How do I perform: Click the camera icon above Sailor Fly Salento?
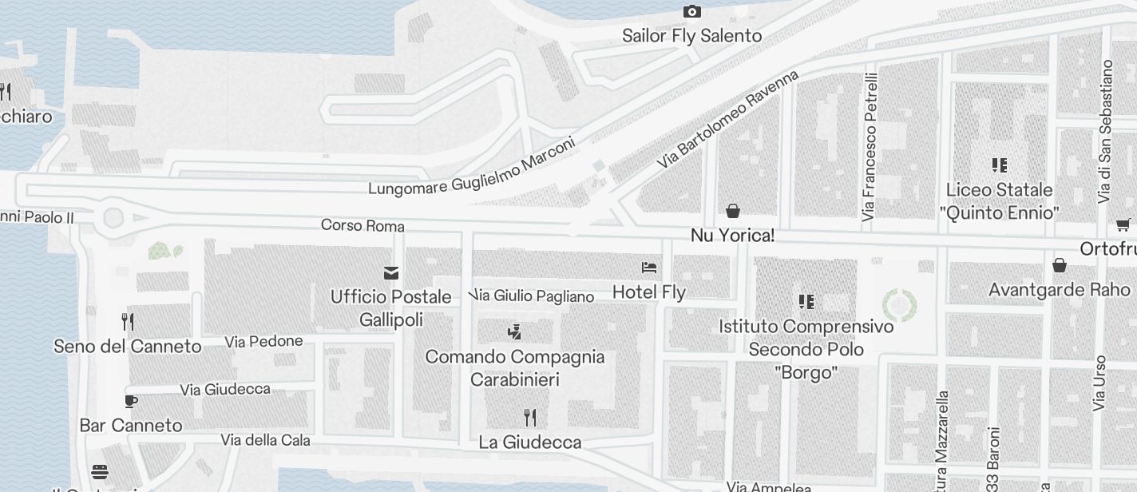[691, 11]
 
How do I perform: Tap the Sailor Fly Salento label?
[691, 36]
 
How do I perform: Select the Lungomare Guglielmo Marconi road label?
[471, 168]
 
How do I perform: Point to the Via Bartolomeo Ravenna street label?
[727, 119]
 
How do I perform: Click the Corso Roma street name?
[362, 226]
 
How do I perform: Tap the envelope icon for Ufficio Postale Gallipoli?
[391, 273]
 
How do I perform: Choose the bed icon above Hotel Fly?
[649, 268]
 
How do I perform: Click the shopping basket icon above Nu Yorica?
[732, 211]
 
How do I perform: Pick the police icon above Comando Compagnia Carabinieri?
[515, 331]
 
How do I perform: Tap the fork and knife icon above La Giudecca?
[529, 417]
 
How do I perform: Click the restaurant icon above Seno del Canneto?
[127, 321]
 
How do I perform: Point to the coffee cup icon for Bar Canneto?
[131, 401]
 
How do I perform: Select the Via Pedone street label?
[263, 342]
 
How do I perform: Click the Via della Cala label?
[265, 440]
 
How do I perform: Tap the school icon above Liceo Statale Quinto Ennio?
[999, 165]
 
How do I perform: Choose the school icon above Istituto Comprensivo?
[806, 302]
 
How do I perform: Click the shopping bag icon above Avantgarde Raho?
[1060, 265]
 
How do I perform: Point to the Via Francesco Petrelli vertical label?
[870, 146]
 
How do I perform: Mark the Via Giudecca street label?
[225, 390]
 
